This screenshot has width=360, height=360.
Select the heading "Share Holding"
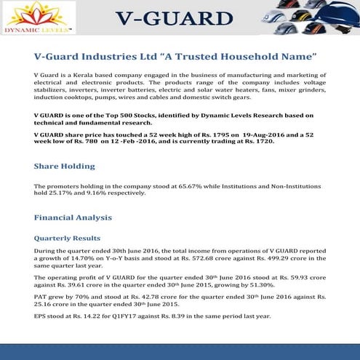tap(64, 167)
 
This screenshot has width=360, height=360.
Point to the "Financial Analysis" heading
tap(73, 217)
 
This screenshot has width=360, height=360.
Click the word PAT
tap(40, 297)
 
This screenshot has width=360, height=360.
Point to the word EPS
tap(40, 316)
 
